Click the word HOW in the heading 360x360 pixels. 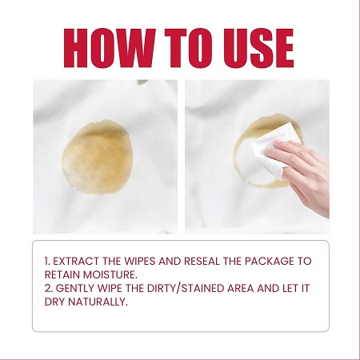pos(110,48)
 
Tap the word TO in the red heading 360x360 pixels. pos(188,48)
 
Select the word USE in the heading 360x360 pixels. pos(258,48)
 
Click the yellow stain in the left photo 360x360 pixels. pos(98,158)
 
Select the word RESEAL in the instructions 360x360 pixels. pos(202,261)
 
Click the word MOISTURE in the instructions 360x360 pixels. pos(110,274)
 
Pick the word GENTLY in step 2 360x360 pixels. pos(75,288)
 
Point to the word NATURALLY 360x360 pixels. pos(98,302)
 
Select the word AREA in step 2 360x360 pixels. pos(241,288)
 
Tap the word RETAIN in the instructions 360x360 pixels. pos(62,274)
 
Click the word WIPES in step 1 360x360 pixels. pos(140,261)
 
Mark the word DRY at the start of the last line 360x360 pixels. pos(54,302)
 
